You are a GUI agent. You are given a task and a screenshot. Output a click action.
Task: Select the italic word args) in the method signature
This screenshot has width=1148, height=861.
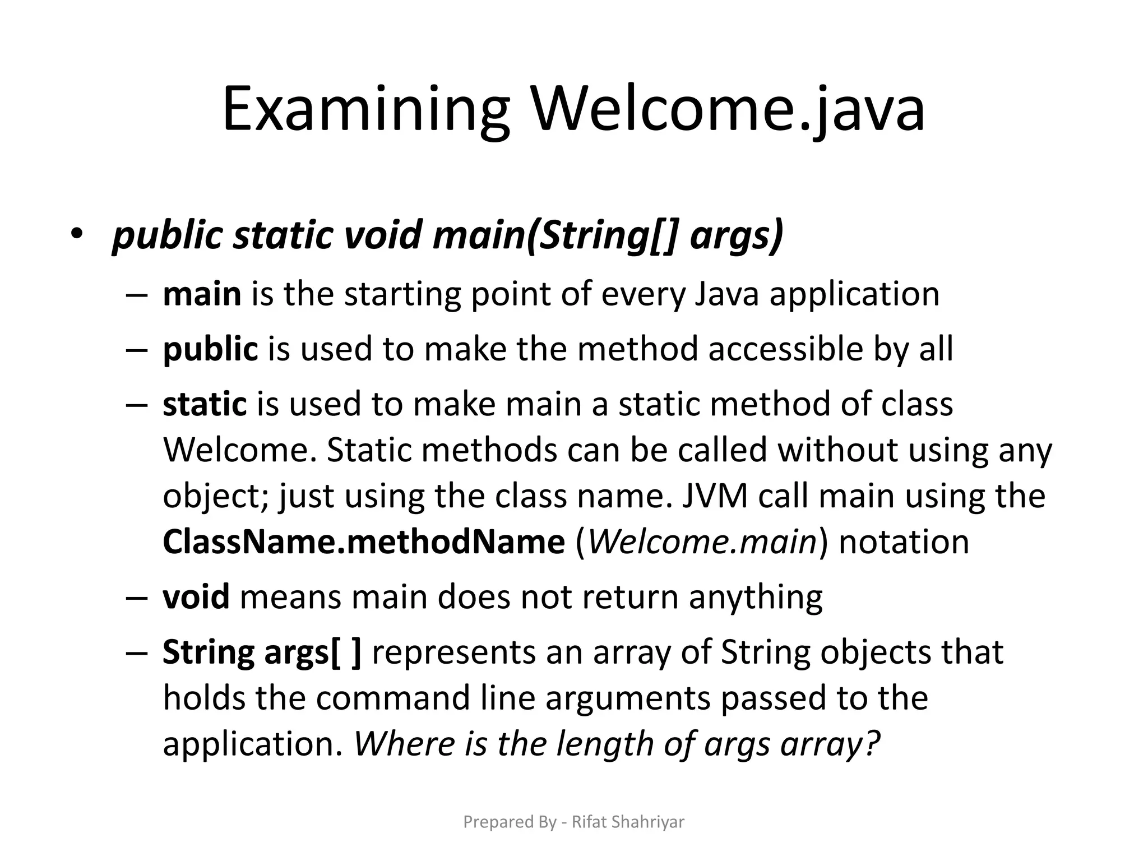(x=736, y=236)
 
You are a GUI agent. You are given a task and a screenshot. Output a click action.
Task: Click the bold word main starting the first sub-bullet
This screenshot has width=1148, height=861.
(x=202, y=294)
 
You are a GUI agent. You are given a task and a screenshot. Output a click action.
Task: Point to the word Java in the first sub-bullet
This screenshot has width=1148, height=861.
(x=726, y=294)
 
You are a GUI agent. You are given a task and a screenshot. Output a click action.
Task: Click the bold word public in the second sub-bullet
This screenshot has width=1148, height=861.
(x=210, y=349)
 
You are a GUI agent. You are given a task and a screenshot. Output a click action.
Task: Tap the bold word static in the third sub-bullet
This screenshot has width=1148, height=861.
(x=205, y=404)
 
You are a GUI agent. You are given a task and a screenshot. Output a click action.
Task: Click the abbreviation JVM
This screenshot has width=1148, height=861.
(x=715, y=496)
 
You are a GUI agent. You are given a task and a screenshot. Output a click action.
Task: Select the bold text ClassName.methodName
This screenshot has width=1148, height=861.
(x=364, y=541)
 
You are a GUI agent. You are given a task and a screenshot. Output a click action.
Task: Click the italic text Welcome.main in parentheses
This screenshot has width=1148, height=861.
(x=702, y=541)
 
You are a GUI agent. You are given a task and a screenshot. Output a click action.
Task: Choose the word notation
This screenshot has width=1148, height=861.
(x=904, y=541)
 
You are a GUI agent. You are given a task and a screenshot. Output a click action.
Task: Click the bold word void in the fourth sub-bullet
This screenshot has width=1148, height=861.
(x=196, y=596)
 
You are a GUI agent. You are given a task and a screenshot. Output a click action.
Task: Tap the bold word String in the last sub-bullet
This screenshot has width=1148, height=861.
(x=209, y=652)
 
